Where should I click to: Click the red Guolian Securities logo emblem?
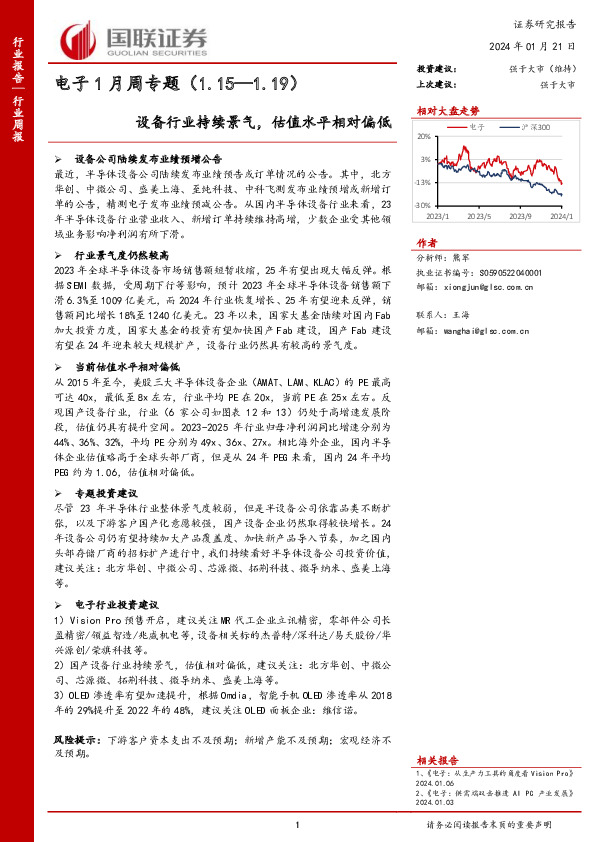coord(78,41)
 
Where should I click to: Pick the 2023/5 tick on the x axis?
coord(480,215)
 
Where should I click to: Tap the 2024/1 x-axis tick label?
coord(561,215)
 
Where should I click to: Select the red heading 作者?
coord(427,243)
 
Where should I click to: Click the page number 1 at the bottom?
coord(298,824)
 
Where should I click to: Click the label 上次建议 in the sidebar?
coord(436,85)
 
